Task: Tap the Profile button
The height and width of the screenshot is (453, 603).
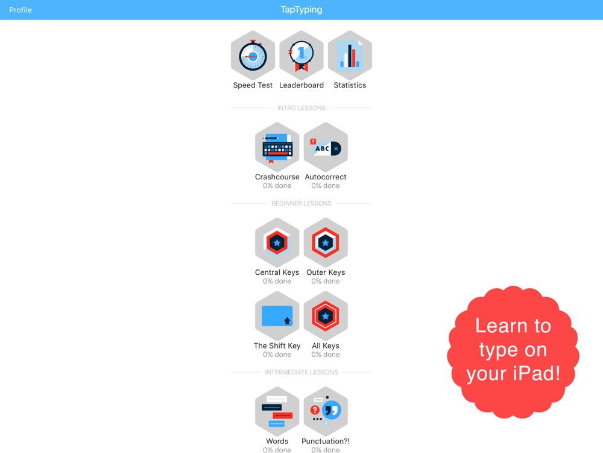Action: click(x=21, y=10)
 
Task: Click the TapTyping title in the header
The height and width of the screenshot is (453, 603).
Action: click(x=301, y=10)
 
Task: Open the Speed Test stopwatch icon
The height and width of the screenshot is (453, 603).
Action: click(x=253, y=56)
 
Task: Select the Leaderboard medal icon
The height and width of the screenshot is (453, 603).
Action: click(x=301, y=56)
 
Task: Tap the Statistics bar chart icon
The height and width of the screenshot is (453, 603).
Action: click(x=350, y=56)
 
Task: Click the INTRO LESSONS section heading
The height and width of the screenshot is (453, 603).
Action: click(x=301, y=108)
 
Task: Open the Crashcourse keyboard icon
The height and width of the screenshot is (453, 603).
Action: click(x=277, y=147)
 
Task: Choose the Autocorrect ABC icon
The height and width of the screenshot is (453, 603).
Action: click(x=326, y=147)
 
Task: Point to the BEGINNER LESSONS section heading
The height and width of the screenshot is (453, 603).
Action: click(x=301, y=204)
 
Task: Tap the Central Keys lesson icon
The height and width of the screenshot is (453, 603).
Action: click(x=277, y=243)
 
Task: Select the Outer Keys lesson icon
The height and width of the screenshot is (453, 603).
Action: click(x=326, y=243)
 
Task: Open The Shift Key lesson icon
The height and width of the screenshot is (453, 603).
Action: click(x=277, y=316)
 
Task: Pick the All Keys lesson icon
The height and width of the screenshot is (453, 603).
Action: click(x=326, y=316)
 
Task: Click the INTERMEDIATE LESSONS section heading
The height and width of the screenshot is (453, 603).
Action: click(x=301, y=372)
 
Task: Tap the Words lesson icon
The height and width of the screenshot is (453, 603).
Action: click(x=277, y=411)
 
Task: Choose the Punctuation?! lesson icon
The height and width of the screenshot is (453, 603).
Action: click(x=326, y=411)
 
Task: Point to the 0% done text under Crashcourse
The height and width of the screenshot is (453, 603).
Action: click(x=277, y=185)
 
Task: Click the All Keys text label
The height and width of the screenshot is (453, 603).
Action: click(x=326, y=346)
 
